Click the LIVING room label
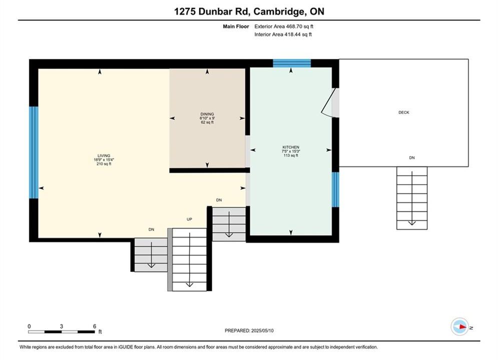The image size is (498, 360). (x=104, y=155)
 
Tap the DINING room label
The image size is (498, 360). (x=207, y=114)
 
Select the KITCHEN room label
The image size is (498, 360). (x=291, y=147)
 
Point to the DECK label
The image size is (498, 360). (x=404, y=112)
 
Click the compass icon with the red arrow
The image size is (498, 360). (x=459, y=326)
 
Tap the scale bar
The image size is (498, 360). (x=61, y=332)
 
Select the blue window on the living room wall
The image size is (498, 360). (x=34, y=152)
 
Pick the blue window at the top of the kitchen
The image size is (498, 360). (x=292, y=63)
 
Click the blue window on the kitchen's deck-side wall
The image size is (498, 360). (x=335, y=189)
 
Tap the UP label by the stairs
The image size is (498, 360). (x=189, y=219)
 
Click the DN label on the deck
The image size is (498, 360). (x=412, y=157)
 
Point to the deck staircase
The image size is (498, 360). (x=412, y=198)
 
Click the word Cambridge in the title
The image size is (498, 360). (x=279, y=11)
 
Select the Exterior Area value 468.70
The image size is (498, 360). (x=294, y=26)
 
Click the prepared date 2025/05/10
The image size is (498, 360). (x=262, y=330)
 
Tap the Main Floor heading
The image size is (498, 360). (x=236, y=26)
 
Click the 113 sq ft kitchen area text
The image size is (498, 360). (x=291, y=155)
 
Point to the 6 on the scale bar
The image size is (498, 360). (x=95, y=326)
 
